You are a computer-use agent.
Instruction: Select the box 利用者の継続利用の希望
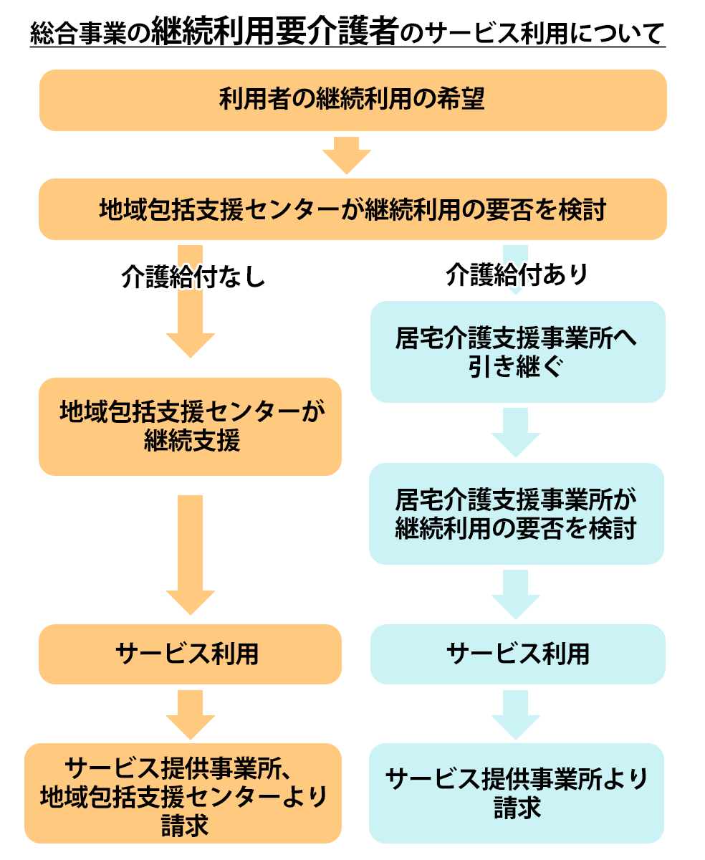click(352, 100)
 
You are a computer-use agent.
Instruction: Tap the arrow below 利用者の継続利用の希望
click(347, 155)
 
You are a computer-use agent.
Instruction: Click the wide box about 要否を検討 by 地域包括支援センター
click(352, 209)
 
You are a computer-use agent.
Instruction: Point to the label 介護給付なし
click(193, 277)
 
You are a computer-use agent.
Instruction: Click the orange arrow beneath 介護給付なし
click(191, 322)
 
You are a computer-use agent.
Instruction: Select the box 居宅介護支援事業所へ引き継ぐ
click(517, 351)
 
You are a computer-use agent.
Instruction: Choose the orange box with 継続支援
click(191, 426)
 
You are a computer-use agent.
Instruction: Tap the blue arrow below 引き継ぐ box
click(516, 432)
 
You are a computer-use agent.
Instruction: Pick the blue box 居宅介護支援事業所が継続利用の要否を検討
click(517, 513)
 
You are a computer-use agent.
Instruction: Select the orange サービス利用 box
click(191, 654)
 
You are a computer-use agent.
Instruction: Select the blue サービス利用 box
click(517, 654)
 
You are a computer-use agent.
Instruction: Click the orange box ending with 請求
click(183, 793)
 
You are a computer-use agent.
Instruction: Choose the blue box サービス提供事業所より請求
click(517, 793)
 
